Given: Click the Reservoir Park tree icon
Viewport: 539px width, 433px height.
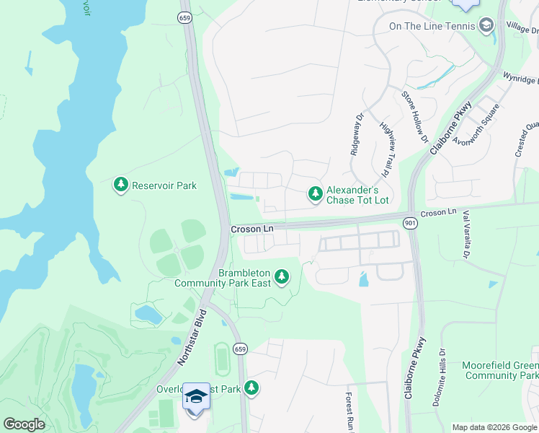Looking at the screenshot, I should (x=120, y=185).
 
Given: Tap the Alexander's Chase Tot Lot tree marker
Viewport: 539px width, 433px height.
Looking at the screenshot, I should (x=315, y=193).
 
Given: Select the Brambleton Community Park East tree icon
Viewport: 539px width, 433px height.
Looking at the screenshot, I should (x=282, y=276).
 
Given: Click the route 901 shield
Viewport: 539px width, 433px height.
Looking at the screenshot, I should (x=409, y=224).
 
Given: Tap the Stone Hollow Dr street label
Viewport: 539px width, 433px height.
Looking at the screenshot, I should (x=415, y=116).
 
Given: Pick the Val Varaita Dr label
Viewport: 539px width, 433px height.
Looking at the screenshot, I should (x=465, y=235).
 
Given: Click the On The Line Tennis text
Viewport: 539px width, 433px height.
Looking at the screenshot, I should (x=432, y=26).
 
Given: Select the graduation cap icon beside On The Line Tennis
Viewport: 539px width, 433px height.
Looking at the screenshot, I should (x=486, y=26).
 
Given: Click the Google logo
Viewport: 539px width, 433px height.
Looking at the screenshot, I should (x=24, y=424).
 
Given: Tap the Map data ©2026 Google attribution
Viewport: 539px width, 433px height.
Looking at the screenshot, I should (x=494, y=427).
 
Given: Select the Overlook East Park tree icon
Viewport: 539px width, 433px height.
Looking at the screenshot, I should (x=251, y=388).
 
